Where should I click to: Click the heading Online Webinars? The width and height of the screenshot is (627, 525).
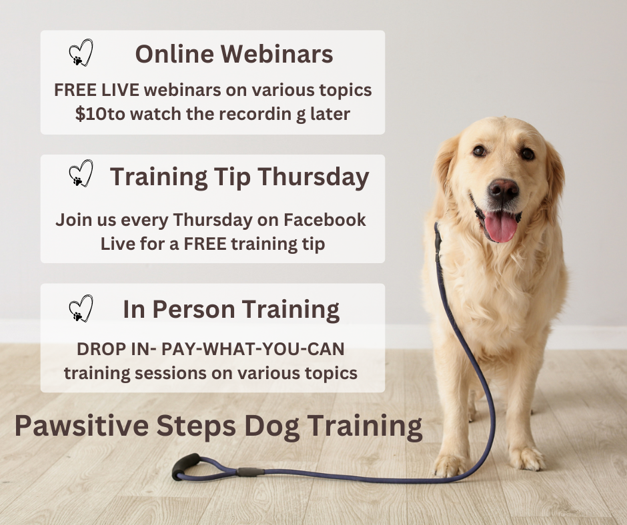click(233, 55)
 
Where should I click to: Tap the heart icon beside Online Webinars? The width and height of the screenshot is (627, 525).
click(81, 53)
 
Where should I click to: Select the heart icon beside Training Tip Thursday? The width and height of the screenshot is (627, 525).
click(81, 173)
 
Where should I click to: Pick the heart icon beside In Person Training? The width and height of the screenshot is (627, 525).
click(81, 308)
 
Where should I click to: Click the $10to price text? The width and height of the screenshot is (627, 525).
click(100, 113)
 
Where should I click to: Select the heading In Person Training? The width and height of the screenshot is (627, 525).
click(231, 309)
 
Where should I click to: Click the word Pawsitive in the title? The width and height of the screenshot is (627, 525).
click(75, 426)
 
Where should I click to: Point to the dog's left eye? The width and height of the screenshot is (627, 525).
click(480, 151)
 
